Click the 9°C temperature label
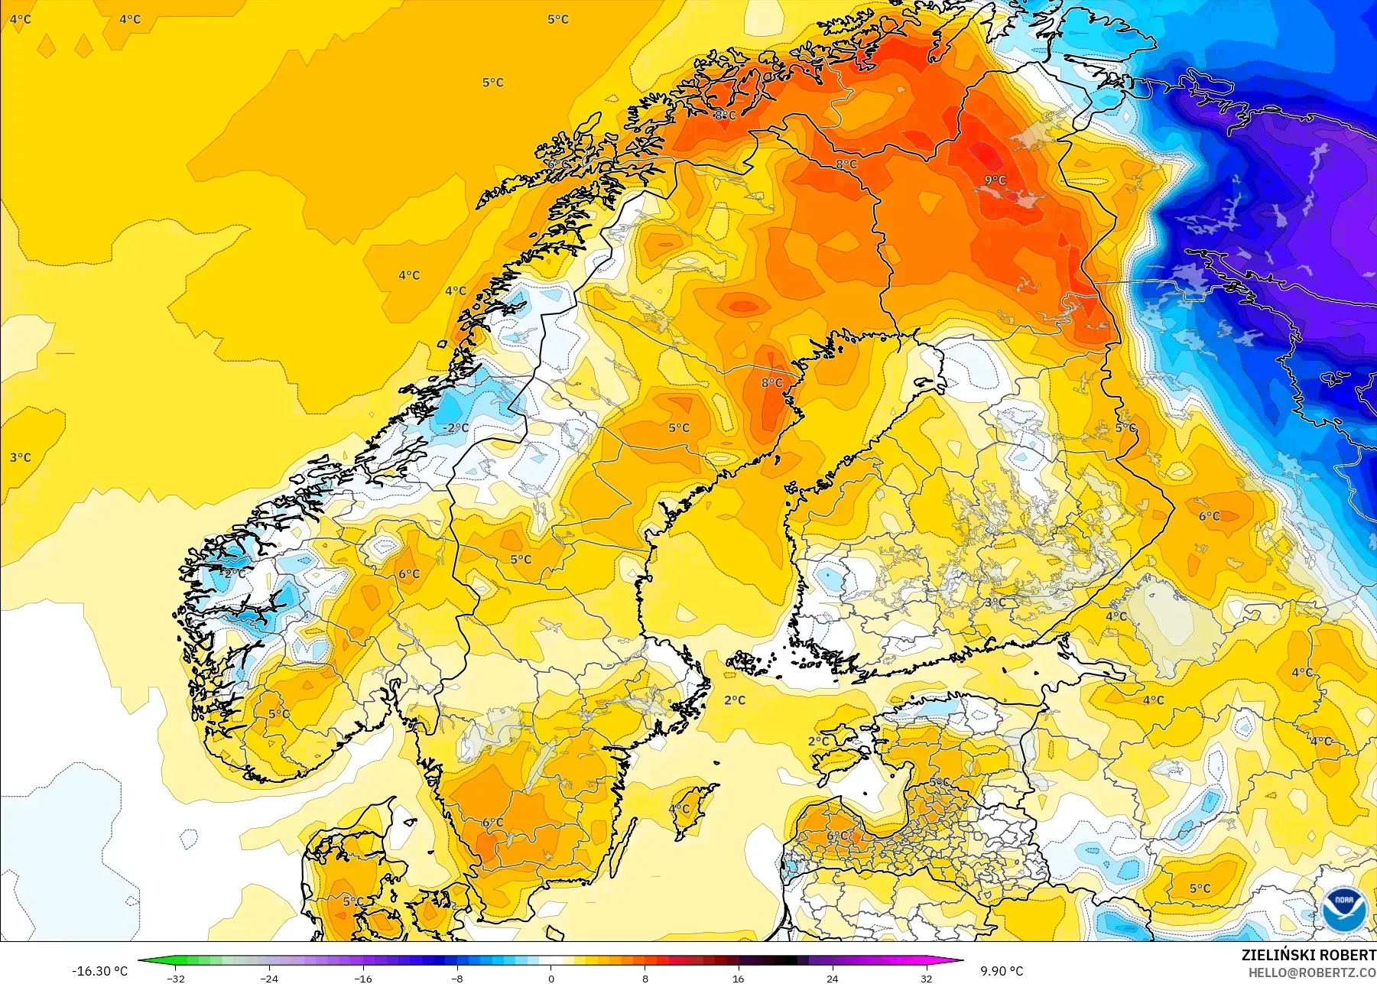coord(995,180)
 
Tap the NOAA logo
coord(1343,909)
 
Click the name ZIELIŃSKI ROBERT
coord(1308,955)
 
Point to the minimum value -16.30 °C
coord(100,971)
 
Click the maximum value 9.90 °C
coord(1002,971)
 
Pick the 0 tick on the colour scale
coord(550,978)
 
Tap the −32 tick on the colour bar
coord(176,978)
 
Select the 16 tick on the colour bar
coord(738,978)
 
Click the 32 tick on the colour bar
coord(926,978)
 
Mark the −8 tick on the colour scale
coord(456,978)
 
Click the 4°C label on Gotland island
coord(679,809)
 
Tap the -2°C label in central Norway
coord(456,427)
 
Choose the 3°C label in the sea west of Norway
coord(21,457)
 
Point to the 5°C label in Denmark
coord(352,901)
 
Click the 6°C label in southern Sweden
coord(492,823)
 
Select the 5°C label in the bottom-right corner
coord(1200,888)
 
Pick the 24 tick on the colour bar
coord(832,978)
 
